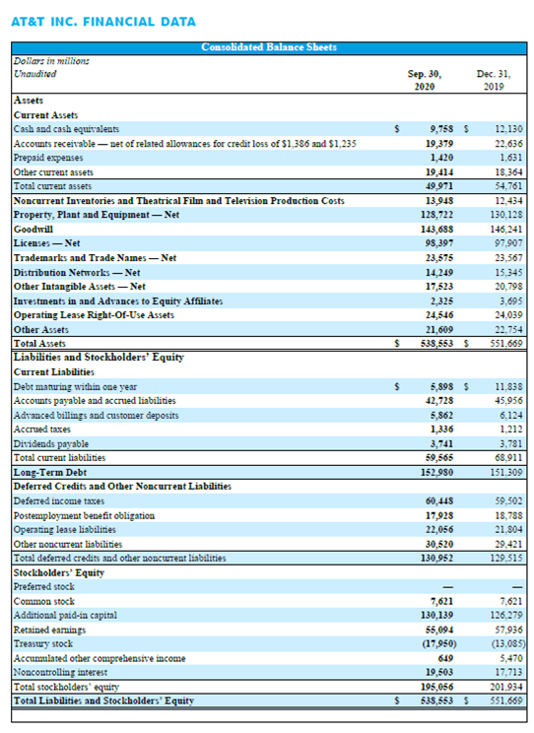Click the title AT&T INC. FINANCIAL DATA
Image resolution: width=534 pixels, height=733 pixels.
[103, 22]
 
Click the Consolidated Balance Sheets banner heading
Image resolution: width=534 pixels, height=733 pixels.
[269, 47]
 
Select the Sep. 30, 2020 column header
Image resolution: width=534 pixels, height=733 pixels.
[425, 80]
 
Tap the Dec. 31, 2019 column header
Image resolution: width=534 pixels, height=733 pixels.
[494, 80]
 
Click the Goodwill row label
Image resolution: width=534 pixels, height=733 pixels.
[33, 229]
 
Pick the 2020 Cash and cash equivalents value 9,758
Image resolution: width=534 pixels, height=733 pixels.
[441, 129]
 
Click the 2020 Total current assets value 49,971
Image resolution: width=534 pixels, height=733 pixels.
[439, 186]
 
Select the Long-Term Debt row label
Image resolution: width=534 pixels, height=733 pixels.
[50, 472]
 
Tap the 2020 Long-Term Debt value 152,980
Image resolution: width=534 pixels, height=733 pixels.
[437, 472]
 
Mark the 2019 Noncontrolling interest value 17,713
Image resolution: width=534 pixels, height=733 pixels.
[508, 672]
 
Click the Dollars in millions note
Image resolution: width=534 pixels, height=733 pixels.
[51, 61]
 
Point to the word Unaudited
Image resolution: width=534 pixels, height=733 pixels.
[35, 74]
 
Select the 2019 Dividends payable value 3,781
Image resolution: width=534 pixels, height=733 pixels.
[510, 443]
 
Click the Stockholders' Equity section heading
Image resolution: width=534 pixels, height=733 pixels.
[59, 572]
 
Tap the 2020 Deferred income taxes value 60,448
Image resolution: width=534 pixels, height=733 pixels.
[439, 501]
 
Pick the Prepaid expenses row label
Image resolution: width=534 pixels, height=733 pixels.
[48, 158]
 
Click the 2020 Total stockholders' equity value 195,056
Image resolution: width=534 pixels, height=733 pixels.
[437, 687]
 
